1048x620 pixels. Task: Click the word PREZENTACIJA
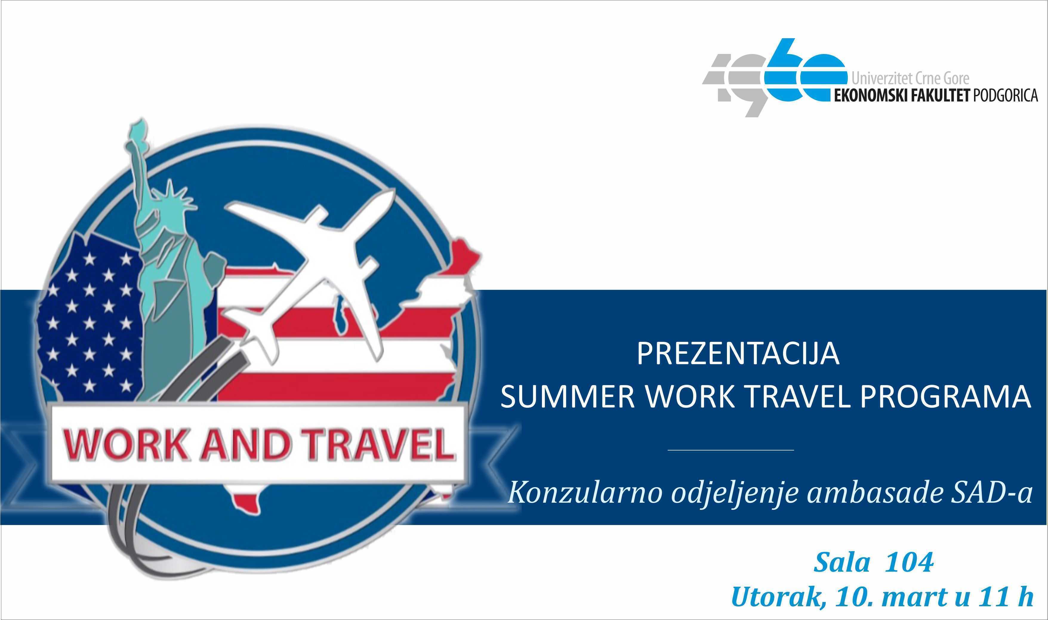tap(738, 354)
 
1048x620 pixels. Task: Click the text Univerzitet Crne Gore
tap(910, 79)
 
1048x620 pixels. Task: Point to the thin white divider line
tap(731, 450)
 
